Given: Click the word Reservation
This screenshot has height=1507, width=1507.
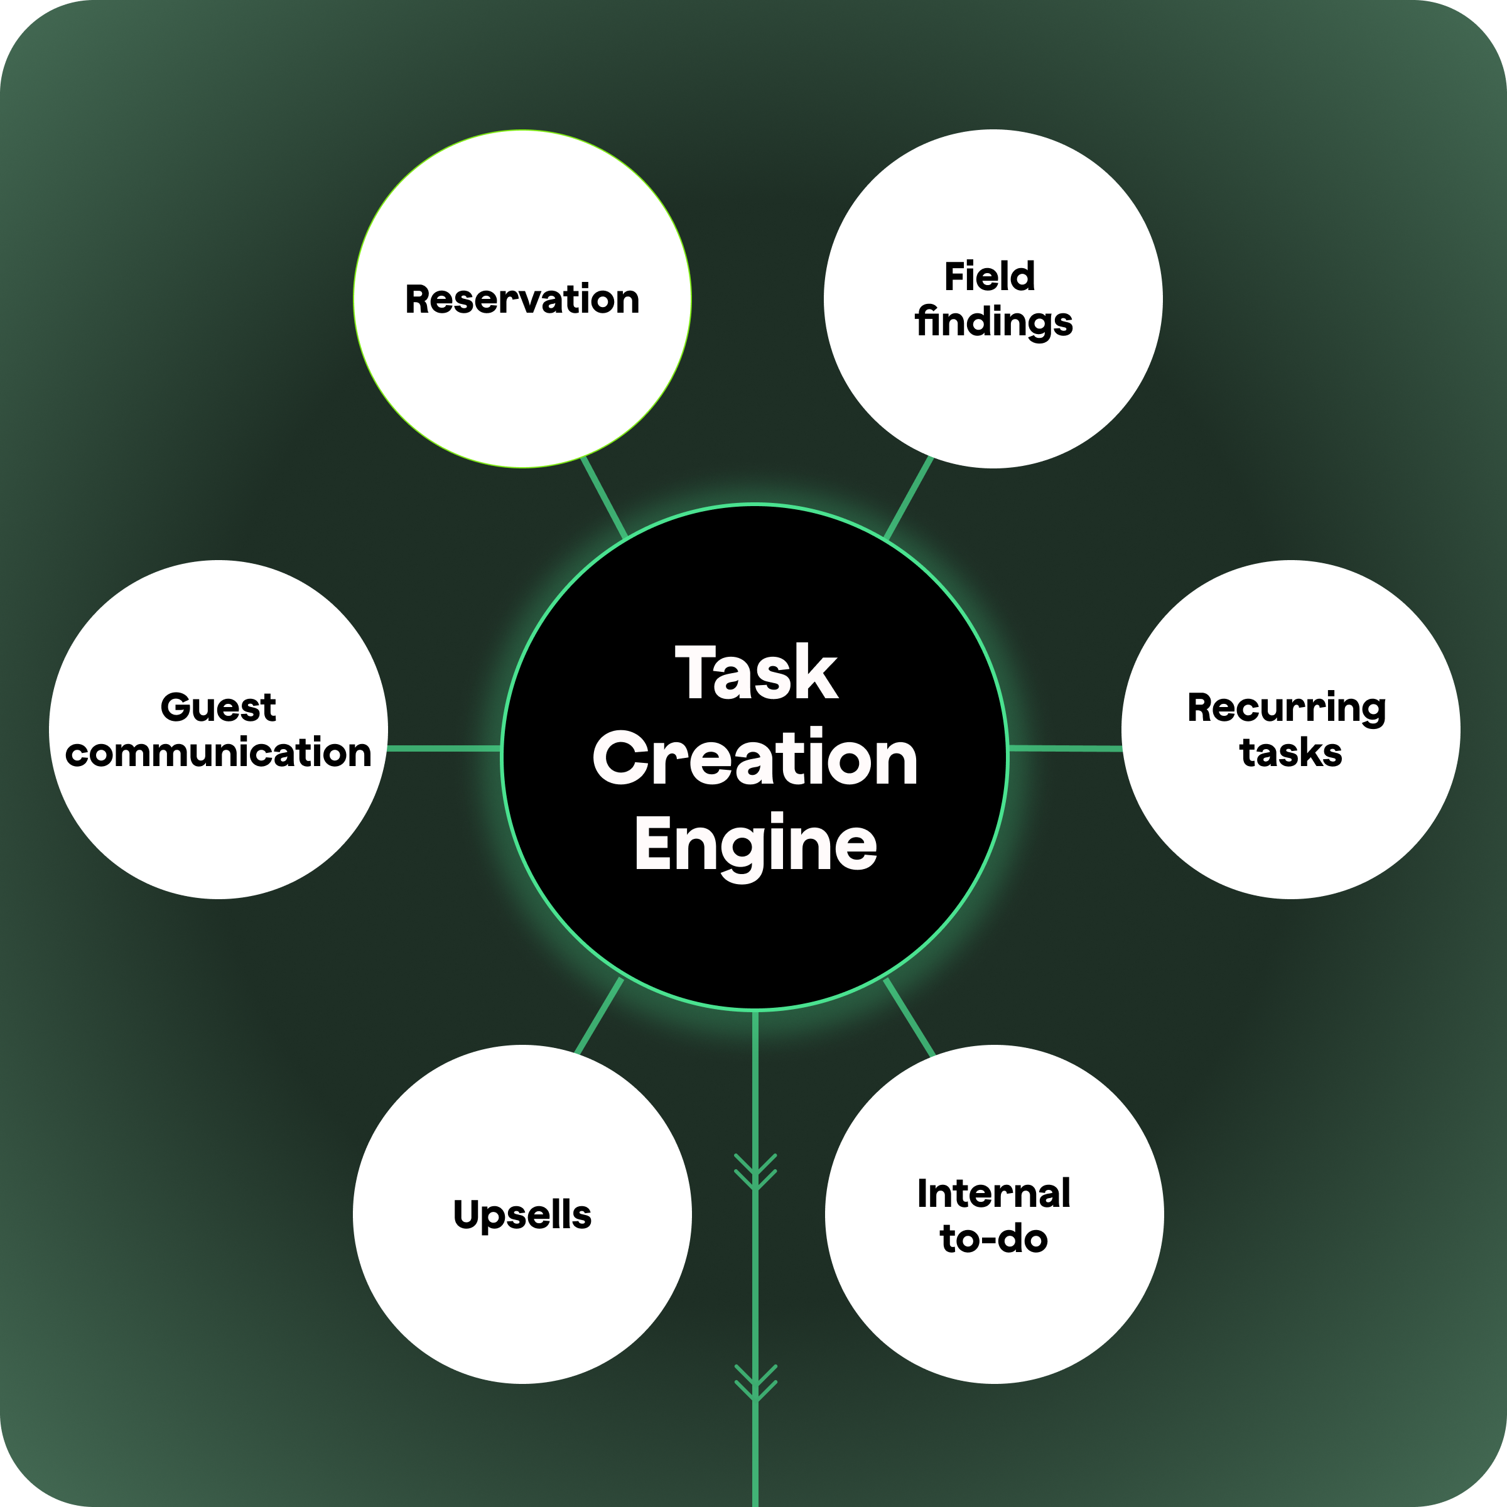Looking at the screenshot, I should tap(522, 300).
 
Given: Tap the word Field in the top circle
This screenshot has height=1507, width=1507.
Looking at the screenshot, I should tap(989, 277).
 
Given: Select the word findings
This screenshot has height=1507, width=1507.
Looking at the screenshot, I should tap(994, 322).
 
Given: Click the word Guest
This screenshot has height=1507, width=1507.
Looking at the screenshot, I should tap(218, 708).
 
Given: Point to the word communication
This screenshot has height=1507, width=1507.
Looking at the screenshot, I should tap(218, 753).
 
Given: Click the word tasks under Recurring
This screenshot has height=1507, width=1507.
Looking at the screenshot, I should tap(1290, 753).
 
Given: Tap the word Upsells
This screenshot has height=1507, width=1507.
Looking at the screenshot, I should tap(522, 1214).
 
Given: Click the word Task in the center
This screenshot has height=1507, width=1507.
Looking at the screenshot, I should tap(755, 673).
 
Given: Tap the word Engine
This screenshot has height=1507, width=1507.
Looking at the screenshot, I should tap(754, 845).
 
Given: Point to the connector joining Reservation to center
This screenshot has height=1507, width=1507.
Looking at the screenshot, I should tap(603, 497).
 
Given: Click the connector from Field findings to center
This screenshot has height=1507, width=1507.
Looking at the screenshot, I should tap(909, 497).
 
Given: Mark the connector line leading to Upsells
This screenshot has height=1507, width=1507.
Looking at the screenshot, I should tap(599, 1015).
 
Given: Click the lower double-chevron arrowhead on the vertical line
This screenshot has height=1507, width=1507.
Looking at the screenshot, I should tap(755, 1382).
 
